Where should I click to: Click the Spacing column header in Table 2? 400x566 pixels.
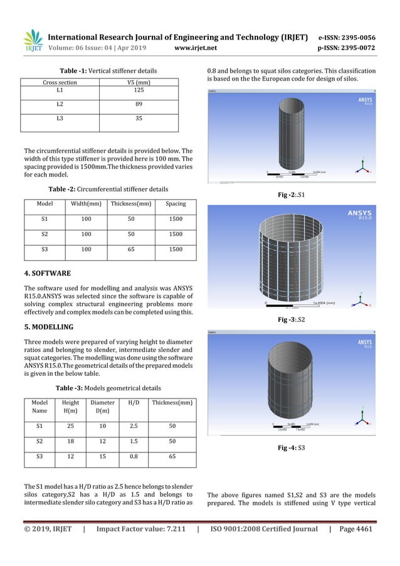(x=175, y=204)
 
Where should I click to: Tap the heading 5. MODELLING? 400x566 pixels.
(x=49, y=327)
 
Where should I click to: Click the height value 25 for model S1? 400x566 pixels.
(x=71, y=425)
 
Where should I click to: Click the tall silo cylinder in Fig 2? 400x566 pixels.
(x=292, y=136)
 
